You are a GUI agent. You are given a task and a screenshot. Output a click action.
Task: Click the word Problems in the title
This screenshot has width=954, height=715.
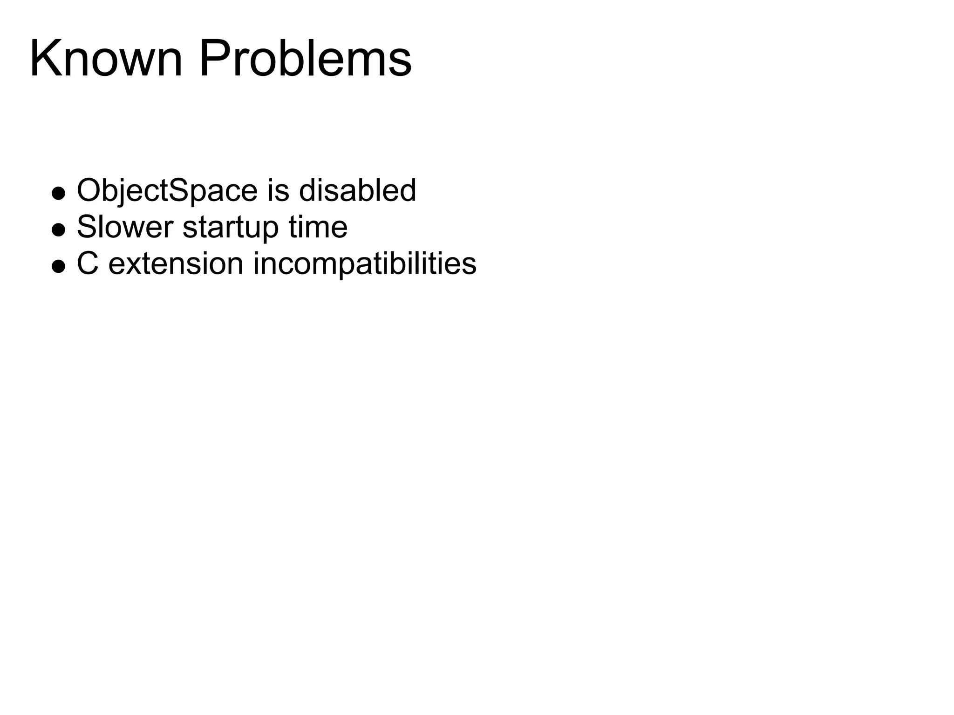pos(306,60)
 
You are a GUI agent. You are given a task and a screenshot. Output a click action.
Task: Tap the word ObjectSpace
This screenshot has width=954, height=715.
pos(167,191)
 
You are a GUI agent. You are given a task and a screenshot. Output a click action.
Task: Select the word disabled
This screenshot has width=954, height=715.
pos(357,191)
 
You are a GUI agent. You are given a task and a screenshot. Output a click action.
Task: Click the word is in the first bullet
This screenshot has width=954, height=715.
pos(278,191)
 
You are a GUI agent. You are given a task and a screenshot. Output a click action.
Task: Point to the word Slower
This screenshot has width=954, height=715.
pos(125,227)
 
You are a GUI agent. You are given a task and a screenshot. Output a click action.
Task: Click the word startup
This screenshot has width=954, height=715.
pos(231,228)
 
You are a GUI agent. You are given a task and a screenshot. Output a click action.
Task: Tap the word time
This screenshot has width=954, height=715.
pos(318,227)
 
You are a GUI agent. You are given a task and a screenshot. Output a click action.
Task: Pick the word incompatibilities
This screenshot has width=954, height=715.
pos(365,264)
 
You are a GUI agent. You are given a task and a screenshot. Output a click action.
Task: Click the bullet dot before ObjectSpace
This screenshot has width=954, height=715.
pos(58,193)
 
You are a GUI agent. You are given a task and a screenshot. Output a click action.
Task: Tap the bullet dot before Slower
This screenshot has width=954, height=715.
pos(58,229)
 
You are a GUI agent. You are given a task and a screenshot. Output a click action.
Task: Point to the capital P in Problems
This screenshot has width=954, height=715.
pos(214,60)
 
